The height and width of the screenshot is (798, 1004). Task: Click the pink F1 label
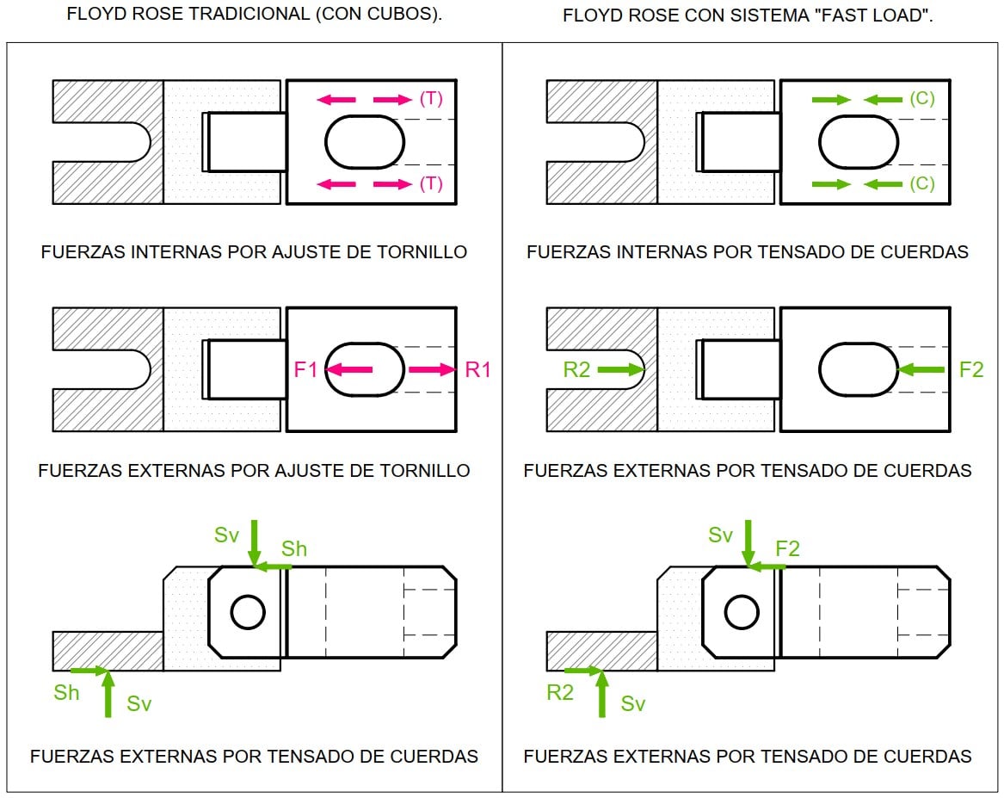[305, 369]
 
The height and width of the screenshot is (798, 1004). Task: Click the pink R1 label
[477, 369]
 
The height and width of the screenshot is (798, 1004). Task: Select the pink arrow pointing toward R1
[432, 369]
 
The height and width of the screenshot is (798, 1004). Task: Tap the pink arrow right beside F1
[349, 369]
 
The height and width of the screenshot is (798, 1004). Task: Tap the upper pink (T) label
[431, 99]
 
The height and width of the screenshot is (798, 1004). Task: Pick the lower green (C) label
[922, 184]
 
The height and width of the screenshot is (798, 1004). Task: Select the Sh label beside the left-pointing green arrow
[294, 549]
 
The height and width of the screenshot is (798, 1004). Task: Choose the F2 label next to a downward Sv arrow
[787, 549]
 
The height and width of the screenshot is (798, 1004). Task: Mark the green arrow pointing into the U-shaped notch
[620, 369]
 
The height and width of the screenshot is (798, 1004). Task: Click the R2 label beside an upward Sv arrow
[559, 692]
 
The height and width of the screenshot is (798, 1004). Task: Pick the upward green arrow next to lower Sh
[108, 693]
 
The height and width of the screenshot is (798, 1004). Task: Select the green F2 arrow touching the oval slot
[921, 369]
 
